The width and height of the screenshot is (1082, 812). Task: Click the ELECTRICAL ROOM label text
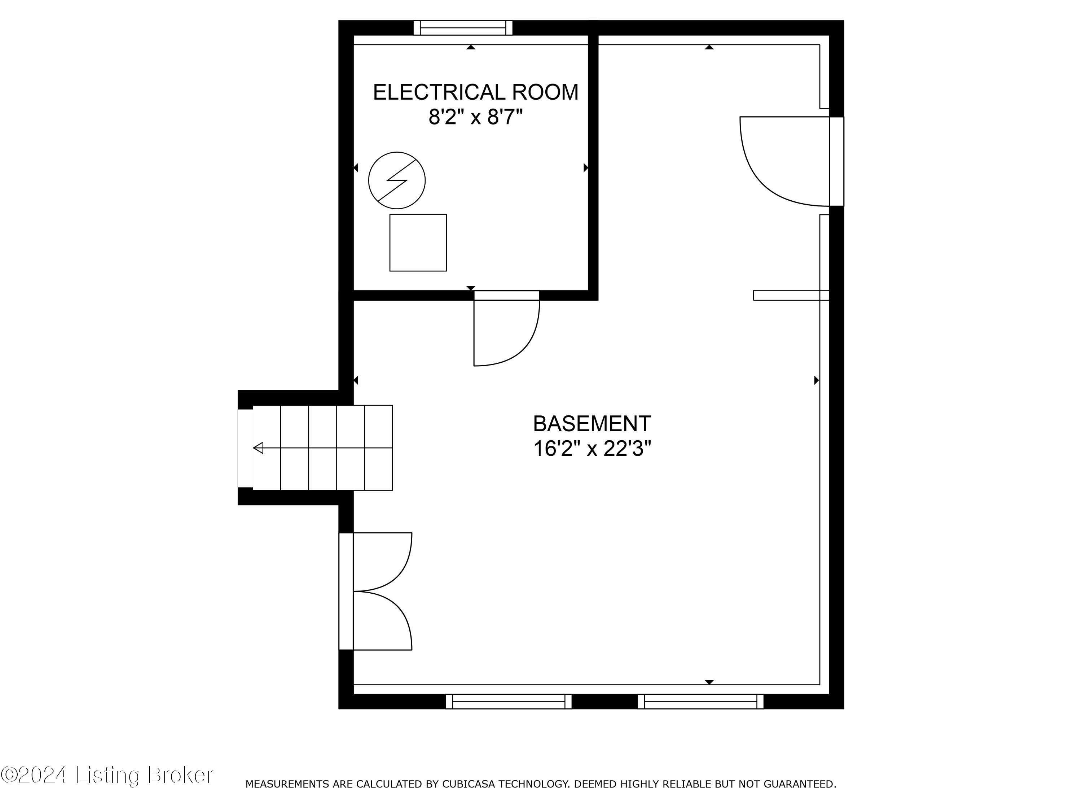point(475,92)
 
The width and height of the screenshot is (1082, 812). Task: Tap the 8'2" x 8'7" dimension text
point(475,117)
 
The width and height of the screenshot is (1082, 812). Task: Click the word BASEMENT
point(592,424)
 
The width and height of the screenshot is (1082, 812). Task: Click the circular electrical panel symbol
point(397,180)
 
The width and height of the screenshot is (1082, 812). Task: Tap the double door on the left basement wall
point(382,591)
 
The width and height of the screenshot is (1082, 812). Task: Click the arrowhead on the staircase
point(258,448)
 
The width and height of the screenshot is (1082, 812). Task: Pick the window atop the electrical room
point(463,28)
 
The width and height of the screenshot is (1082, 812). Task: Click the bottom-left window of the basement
point(508,701)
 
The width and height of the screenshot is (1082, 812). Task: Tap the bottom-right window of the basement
point(700,701)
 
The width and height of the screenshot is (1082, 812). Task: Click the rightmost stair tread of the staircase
point(379,448)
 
